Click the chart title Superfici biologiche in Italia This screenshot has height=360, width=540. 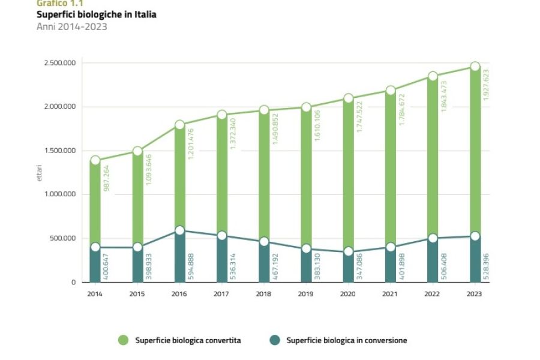(x=96, y=14)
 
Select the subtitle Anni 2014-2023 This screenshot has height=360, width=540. (x=72, y=26)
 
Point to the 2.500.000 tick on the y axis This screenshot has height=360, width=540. (x=59, y=63)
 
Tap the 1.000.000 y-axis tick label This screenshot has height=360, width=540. (x=59, y=194)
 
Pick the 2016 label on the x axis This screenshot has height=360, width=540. (x=179, y=293)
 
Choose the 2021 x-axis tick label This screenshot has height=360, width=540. (x=391, y=293)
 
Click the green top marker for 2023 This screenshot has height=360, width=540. (x=475, y=67)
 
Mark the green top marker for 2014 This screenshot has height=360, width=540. (x=95, y=160)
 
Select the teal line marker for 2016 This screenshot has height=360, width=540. (x=179, y=230)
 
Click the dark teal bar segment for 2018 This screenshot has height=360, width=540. (x=264, y=264)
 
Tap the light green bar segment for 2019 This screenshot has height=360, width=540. (x=306, y=180)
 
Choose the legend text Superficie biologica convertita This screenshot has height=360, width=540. (x=188, y=340)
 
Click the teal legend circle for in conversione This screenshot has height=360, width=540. (x=274, y=340)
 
